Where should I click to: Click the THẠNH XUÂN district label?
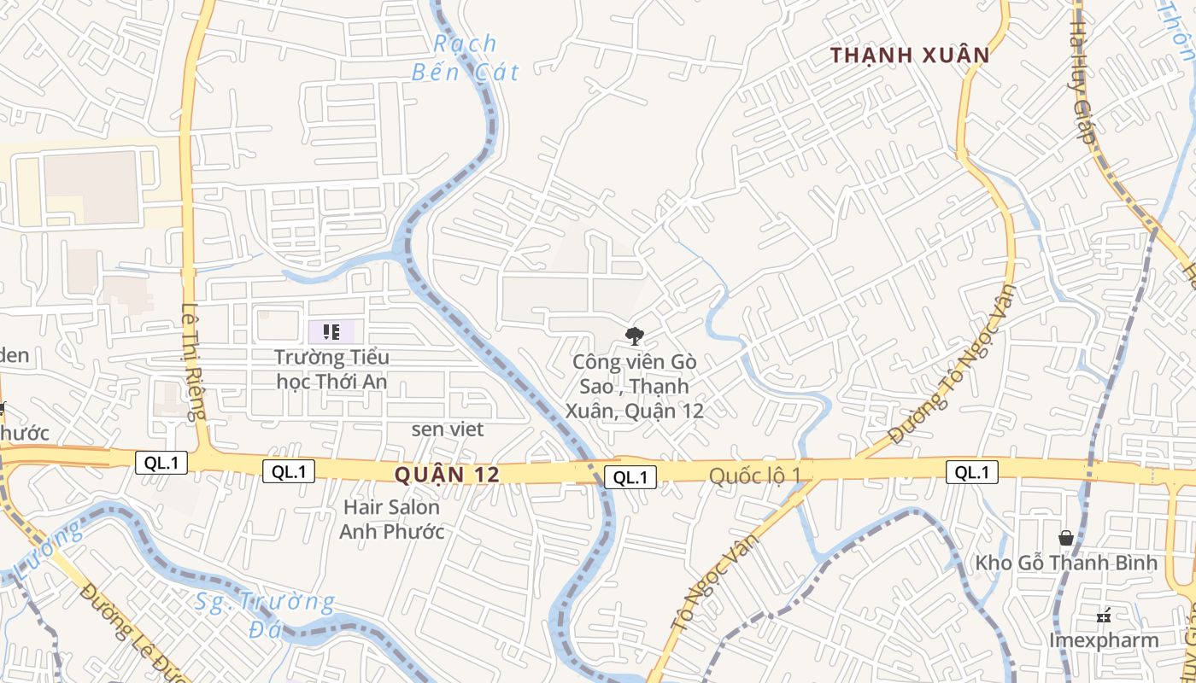tap(911, 56)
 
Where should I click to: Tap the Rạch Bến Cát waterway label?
tap(465, 57)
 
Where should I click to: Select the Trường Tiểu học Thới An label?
tap(331, 369)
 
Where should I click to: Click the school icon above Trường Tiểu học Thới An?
tap(331, 332)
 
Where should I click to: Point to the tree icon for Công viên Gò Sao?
tap(634, 336)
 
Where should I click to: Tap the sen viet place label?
tap(448, 429)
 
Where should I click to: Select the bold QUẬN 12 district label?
tap(447, 475)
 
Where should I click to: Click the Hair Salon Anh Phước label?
tap(391, 519)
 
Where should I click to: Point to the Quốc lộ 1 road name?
tap(756, 476)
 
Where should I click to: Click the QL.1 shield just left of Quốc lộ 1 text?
tap(630, 477)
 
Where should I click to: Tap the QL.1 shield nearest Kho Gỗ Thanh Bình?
tap(971, 471)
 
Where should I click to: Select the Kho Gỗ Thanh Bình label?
tap(1066, 563)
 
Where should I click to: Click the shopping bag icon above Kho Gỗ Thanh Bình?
tap(1066, 538)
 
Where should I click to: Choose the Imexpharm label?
tap(1104, 640)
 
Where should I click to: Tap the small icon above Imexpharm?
tap(1104, 615)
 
